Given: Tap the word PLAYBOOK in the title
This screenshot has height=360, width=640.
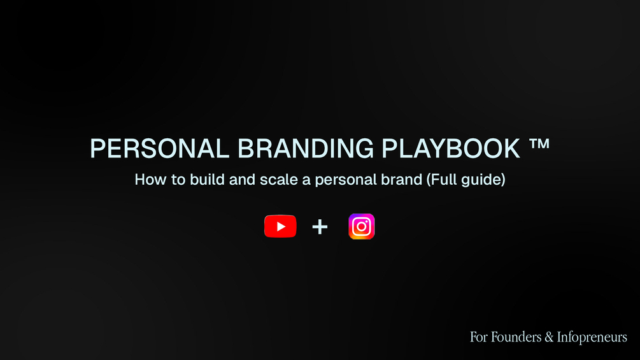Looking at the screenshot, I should (452, 149).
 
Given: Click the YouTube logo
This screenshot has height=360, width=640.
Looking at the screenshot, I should (280, 227).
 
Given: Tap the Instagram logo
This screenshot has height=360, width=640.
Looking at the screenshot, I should (362, 227).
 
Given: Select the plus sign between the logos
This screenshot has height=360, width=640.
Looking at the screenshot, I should (320, 227).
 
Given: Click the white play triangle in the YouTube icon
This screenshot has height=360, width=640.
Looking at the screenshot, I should (281, 227).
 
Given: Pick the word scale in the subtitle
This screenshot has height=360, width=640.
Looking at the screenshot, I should (277, 180).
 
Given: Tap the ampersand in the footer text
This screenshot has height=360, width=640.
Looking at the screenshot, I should (549, 336).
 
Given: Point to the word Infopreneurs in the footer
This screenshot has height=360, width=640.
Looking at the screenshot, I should (592, 337).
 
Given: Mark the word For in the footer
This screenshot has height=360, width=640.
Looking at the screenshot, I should (478, 336).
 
